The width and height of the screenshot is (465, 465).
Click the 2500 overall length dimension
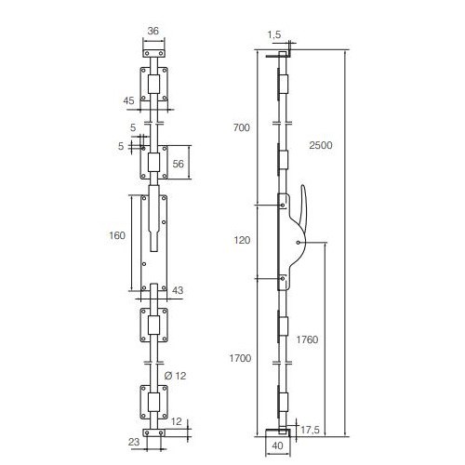(x=321, y=145)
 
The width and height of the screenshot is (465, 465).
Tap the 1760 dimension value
(x=307, y=339)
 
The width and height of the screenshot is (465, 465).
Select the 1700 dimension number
(x=240, y=358)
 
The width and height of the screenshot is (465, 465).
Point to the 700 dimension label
(x=242, y=127)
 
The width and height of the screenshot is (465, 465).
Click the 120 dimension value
(x=242, y=240)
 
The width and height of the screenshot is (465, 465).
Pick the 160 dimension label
(x=117, y=235)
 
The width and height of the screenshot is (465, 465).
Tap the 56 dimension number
(x=178, y=164)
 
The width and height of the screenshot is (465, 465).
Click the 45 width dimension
(x=128, y=100)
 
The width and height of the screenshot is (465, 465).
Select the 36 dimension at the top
(x=153, y=31)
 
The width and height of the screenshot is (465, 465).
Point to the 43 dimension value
(x=178, y=290)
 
